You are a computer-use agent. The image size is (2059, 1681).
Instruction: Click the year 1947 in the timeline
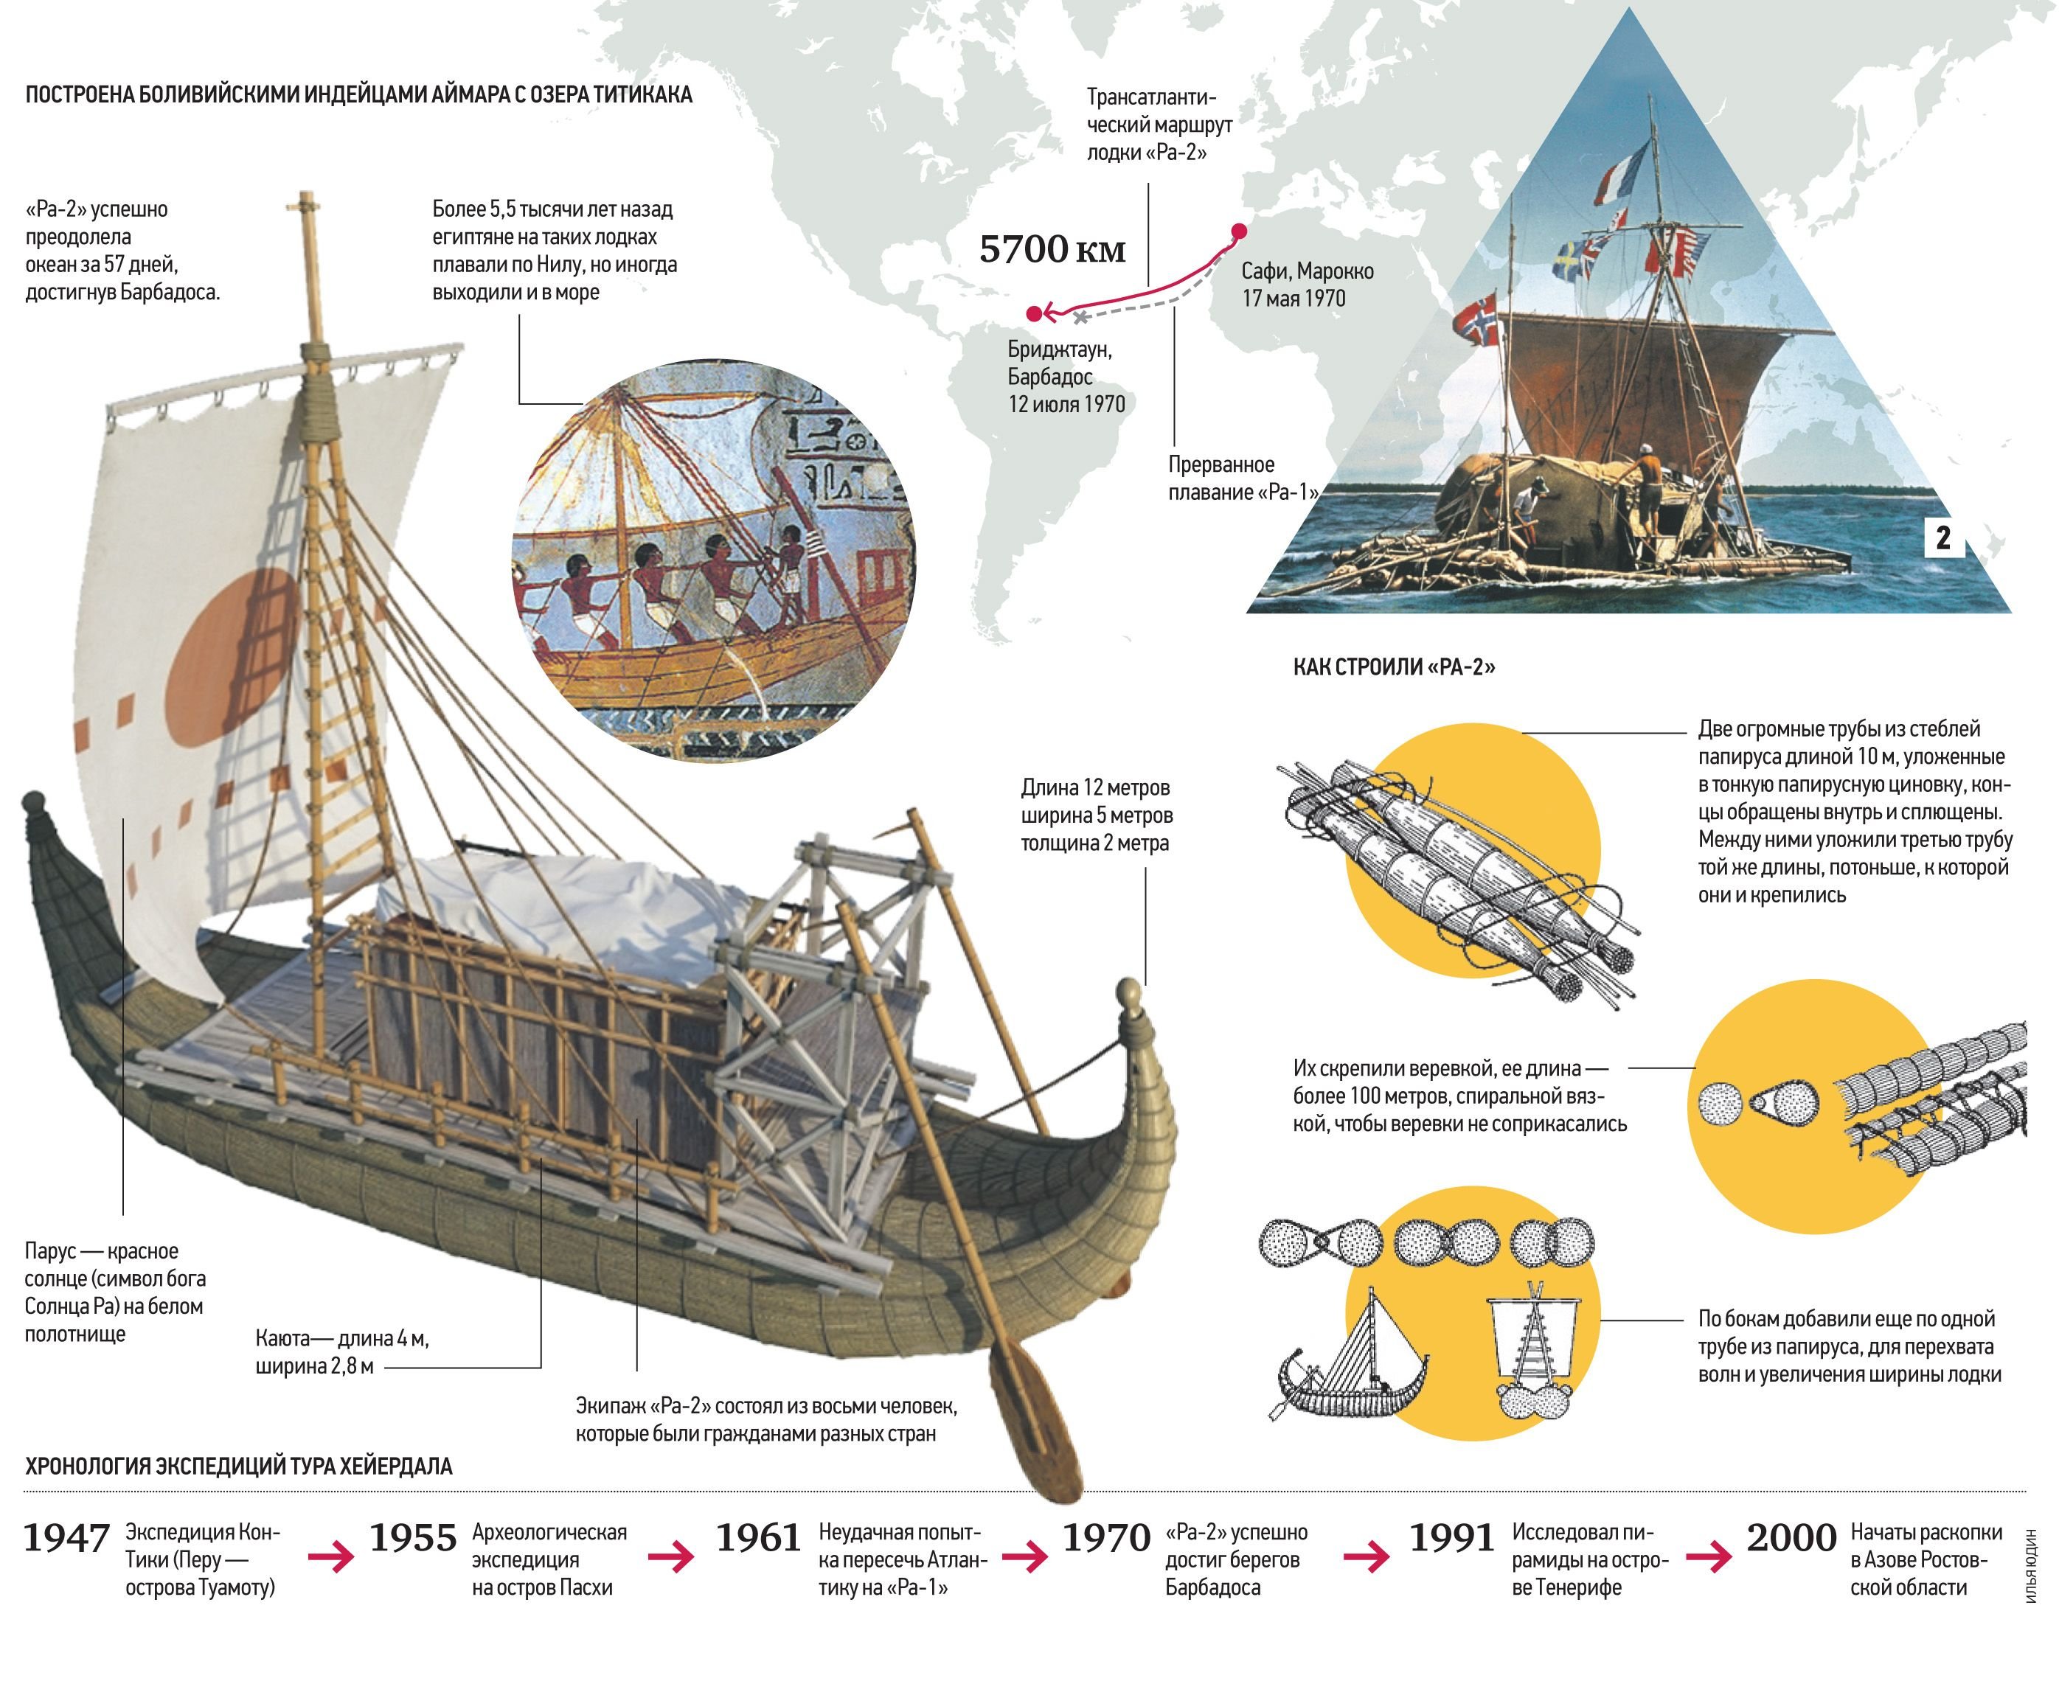(66, 1539)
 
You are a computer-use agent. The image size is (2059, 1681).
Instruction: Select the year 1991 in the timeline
(1451, 1539)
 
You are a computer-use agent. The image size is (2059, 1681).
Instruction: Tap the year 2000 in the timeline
(1791, 1539)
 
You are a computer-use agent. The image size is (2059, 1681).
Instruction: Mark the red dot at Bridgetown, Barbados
(1035, 314)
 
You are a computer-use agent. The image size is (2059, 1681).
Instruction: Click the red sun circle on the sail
(232, 658)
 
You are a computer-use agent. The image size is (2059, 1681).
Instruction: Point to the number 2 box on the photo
(1942, 537)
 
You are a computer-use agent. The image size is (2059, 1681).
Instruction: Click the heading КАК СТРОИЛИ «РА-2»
(1394, 667)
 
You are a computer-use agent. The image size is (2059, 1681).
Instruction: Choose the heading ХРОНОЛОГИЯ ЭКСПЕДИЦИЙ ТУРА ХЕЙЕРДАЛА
(239, 1466)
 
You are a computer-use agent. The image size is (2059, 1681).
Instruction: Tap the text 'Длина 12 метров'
(1095, 787)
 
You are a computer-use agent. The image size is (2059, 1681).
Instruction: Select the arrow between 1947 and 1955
(331, 1557)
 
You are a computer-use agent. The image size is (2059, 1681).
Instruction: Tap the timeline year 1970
(1106, 1539)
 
